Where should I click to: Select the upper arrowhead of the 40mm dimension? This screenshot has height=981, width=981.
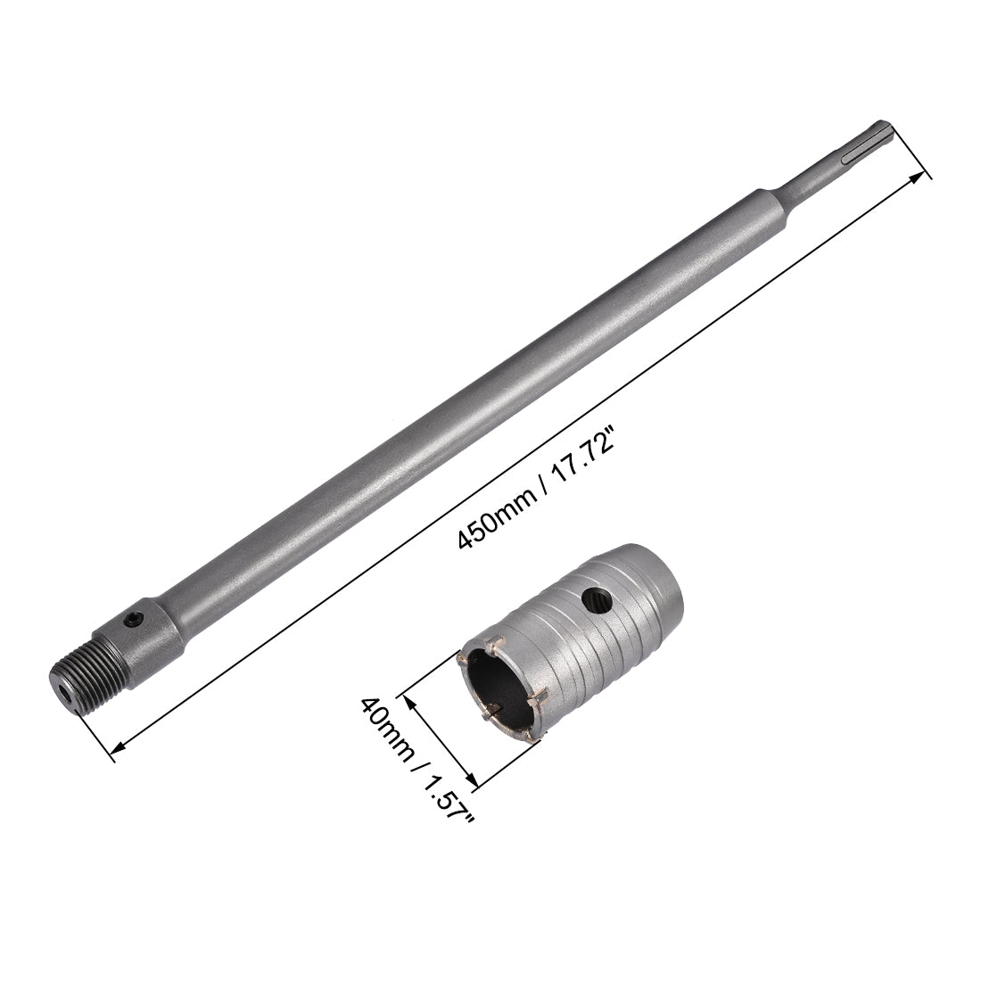(x=412, y=702)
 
